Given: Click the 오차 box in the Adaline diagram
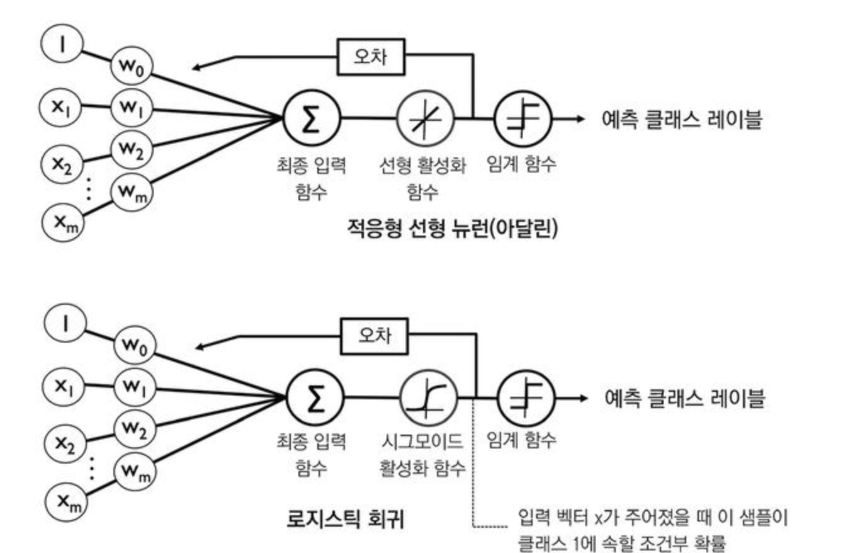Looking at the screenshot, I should [370, 57].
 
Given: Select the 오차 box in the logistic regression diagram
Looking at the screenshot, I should [374, 335].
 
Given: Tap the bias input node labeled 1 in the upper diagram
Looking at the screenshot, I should [62, 46].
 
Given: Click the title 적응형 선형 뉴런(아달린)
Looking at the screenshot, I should [452, 227].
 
